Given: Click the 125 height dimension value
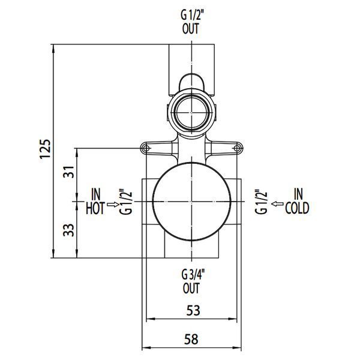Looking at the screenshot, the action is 45,149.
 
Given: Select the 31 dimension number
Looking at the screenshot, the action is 69,172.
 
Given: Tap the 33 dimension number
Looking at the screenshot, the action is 69,230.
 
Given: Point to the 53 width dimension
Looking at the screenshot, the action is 193,311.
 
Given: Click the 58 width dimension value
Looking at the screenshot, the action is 191,339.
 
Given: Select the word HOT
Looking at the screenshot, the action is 95,208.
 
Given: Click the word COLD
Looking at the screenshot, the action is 298,208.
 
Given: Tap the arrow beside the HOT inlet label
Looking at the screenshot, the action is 113,205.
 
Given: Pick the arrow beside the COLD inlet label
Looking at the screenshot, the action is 277,203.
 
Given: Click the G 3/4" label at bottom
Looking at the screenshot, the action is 193,275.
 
